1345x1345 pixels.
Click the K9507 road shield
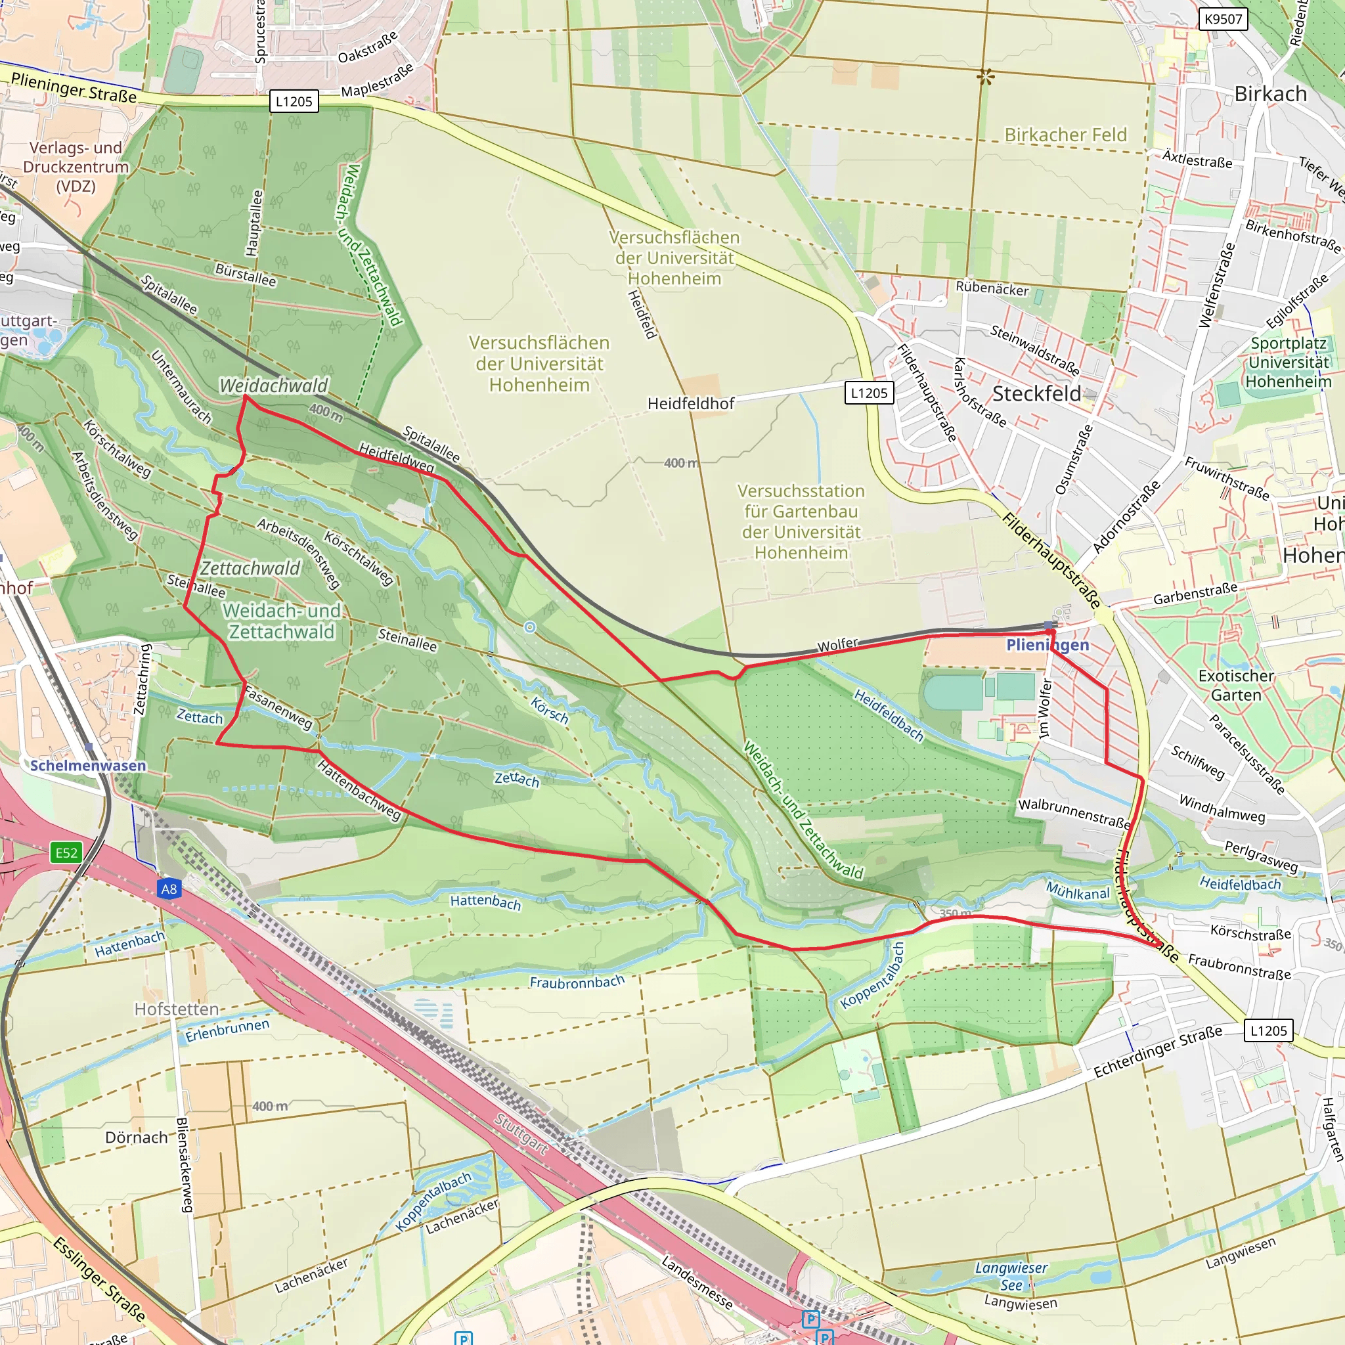pyautogui.click(x=1223, y=19)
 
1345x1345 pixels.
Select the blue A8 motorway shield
pyautogui.click(x=169, y=889)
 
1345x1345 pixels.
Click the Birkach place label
pyautogui.click(x=1271, y=94)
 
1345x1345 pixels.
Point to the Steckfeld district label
pyautogui.click(x=1036, y=394)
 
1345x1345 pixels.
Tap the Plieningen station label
pyautogui.click(x=1047, y=645)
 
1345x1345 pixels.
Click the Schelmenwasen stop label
pyautogui.click(x=88, y=765)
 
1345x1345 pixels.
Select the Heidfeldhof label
pyautogui.click(x=691, y=404)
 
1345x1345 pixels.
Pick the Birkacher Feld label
pyautogui.click(x=1065, y=135)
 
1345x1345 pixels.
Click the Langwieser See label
pyautogui.click(x=1011, y=1276)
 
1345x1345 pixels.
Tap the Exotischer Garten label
pyautogui.click(x=1236, y=685)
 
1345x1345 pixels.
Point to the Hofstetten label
pyautogui.click(x=176, y=1009)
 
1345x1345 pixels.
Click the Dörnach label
pyautogui.click(x=137, y=1137)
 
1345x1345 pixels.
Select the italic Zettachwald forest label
pyautogui.click(x=250, y=569)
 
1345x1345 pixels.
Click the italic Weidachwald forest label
pyautogui.click(x=274, y=386)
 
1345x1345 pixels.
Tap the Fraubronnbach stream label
pyautogui.click(x=577, y=982)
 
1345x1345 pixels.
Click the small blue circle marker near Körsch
pyautogui.click(x=530, y=627)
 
